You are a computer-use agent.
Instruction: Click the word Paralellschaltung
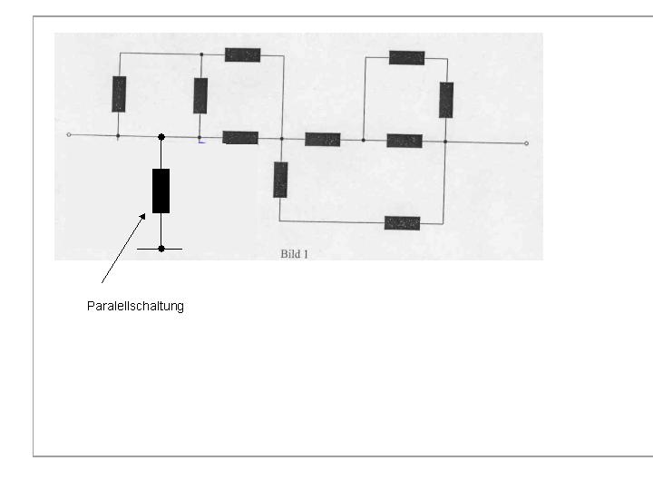tap(135, 307)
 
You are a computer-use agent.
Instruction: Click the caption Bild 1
tap(295, 254)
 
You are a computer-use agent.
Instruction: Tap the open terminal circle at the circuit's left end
tap(69, 134)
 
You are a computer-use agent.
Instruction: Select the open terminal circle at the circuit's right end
tap(526, 143)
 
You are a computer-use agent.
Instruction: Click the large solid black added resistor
tap(161, 191)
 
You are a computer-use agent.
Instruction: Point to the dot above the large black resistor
tap(161, 137)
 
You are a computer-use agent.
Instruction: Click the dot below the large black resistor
tap(161, 249)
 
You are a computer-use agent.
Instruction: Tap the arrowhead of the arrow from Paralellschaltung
tap(143, 217)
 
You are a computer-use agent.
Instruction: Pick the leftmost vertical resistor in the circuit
tap(119, 94)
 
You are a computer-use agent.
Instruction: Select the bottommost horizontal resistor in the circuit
tap(403, 223)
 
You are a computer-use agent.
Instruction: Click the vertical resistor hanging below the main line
tap(280, 180)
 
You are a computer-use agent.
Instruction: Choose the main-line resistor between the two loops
tap(323, 140)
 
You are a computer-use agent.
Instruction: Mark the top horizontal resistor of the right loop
tap(407, 58)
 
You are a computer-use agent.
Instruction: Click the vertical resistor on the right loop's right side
tap(446, 100)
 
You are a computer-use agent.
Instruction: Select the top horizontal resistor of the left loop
tap(243, 55)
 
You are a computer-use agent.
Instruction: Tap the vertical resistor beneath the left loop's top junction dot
tap(200, 96)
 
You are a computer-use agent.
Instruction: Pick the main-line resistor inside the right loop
tap(404, 141)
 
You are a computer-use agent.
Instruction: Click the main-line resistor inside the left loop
tap(240, 138)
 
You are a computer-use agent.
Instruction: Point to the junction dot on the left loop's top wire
tap(201, 54)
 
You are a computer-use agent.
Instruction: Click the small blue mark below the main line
tap(201, 142)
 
